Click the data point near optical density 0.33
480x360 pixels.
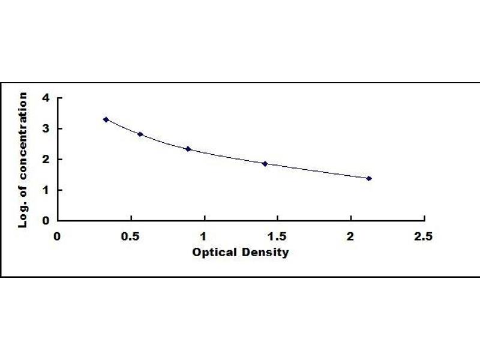click(x=106, y=119)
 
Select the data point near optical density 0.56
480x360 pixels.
click(x=140, y=134)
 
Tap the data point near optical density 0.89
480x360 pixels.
click(x=188, y=149)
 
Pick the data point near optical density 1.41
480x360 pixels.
click(x=265, y=163)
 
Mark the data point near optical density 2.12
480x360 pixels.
click(x=369, y=178)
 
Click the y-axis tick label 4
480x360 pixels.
click(x=46, y=98)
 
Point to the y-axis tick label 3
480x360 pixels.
click(x=46, y=128)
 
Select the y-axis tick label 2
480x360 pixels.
click(x=46, y=159)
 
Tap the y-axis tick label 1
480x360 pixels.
click(x=46, y=190)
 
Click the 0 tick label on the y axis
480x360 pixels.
click(x=46, y=220)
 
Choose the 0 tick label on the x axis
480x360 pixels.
click(x=58, y=235)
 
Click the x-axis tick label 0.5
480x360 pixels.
click(x=131, y=235)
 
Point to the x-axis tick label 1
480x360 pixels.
click(x=204, y=235)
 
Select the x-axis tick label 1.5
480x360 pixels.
click(x=277, y=235)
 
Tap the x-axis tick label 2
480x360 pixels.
click(x=351, y=235)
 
